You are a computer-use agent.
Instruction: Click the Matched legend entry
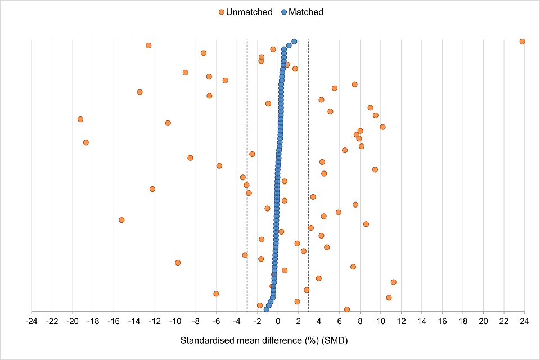point(305,12)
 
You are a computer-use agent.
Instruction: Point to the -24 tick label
point(31,321)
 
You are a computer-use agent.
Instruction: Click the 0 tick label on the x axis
point(278,321)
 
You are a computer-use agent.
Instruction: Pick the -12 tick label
point(154,321)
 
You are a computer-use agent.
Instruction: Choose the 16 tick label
point(442,321)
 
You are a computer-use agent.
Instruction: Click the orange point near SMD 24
point(522,42)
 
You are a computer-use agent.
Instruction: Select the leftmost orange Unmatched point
point(80,119)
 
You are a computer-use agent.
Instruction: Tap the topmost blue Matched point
point(294,42)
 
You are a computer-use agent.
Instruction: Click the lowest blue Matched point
point(266,309)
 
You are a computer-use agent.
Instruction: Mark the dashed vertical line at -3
point(247,169)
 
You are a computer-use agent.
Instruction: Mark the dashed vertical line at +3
point(309,169)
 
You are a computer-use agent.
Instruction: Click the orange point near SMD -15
point(121,220)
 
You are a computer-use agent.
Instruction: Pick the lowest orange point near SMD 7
point(346,309)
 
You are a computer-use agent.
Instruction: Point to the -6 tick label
point(216,321)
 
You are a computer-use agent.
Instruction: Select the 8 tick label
point(360,321)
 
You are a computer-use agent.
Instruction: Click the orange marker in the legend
point(221,12)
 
